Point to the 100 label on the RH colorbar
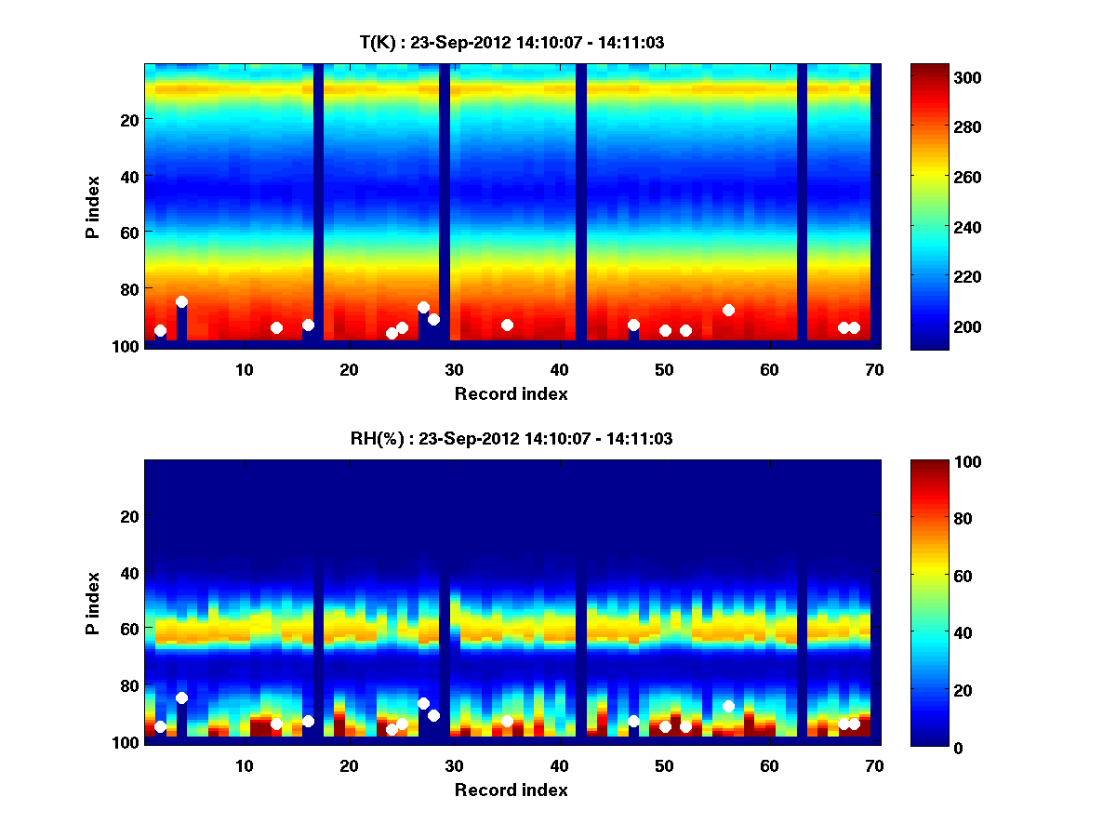click(934, 462)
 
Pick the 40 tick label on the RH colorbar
click(930, 633)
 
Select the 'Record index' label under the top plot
click(511, 393)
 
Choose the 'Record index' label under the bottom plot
click(511, 790)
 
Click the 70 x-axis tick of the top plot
click(874, 369)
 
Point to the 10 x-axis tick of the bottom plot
click(244, 765)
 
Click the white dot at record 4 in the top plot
click(181, 302)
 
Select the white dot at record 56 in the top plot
click(728, 310)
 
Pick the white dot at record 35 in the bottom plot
click(507, 722)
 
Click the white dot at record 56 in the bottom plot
click(728, 707)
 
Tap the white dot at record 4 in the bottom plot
click(181, 698)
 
